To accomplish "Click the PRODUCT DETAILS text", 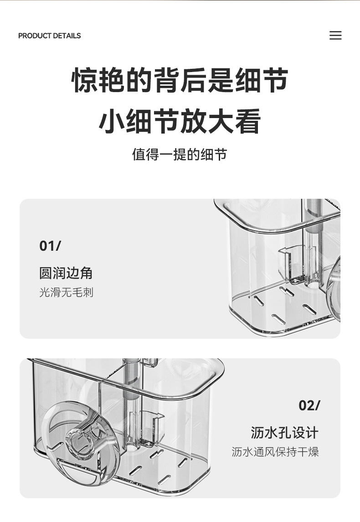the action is tap(50, 36).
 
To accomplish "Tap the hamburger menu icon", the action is tap(335, 35).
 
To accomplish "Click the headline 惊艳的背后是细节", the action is tap(180, 80).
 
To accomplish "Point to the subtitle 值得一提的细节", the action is tap(180, 155).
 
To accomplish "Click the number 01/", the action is tap(50, 246).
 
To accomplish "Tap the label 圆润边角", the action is tap(66, 273).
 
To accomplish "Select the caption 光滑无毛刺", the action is tap(66, 292).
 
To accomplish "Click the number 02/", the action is tap(309, 405).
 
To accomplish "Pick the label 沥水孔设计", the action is tap(285, 433).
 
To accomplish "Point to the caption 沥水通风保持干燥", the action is tap(275, 452).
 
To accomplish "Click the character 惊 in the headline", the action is tap(85, 80).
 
